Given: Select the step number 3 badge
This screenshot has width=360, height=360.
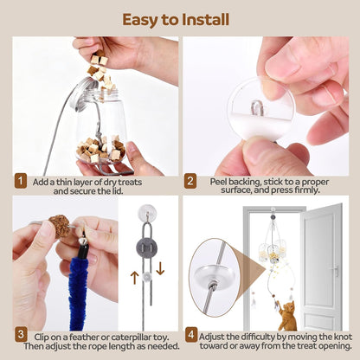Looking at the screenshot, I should click(x=21, y=333).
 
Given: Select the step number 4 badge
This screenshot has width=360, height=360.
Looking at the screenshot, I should click(x=191, y=333).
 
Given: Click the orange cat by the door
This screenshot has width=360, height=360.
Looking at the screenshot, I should click(x=286, y=314).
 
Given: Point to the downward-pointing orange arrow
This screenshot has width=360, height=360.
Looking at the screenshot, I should click(x=160, y=268).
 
